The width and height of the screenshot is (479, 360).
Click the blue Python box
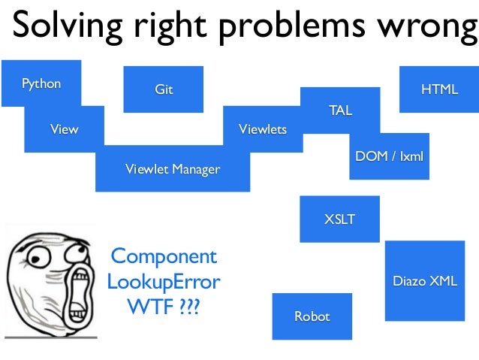[x=41, y=83]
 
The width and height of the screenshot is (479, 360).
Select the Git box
[x=163, y=89]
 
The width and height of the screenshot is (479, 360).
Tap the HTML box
[x=439, y=89]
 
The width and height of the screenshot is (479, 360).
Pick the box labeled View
[x=64, y=129]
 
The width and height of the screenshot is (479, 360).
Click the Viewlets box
[x=263, y=129]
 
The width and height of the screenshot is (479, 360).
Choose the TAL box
[x=340, y=110]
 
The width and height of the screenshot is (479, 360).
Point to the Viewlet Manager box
[x=173, y=168]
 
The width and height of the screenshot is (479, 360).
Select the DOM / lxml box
[x=389, y=156]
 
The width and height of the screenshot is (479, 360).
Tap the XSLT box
[x=339, y=219]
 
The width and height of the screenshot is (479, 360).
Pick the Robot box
[x=312, y=316]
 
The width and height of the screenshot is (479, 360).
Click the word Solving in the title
[x=63, y=27]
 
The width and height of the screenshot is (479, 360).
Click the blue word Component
[x=163, y=256]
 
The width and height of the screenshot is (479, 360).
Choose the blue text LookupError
[x=163, y=283]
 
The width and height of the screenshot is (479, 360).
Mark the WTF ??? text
[x=163, y=308]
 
